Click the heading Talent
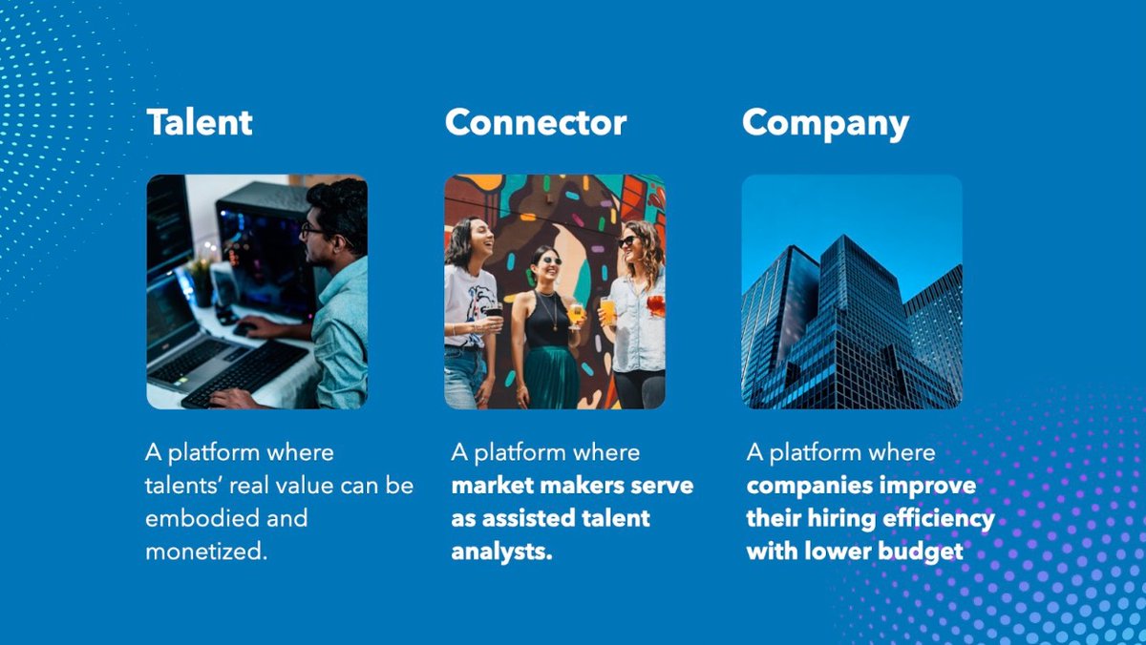(200, 123)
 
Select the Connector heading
(536, 123)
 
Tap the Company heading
(825, 123)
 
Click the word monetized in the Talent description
(205, 551)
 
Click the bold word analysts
(501, 551)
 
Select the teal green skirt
(551, 376)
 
